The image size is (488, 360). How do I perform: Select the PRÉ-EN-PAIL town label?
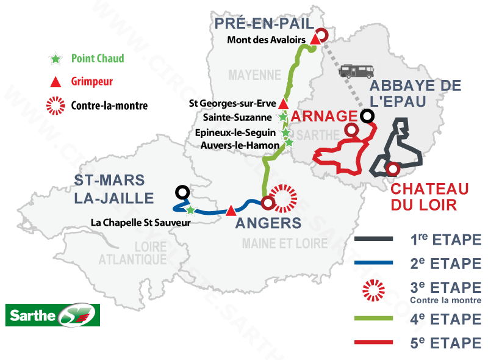coord(263,24)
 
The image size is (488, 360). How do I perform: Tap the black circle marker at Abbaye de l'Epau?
coord(367,115)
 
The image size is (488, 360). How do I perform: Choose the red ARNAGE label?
coord(323,116)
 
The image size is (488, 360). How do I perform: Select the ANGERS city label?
coord(268,223)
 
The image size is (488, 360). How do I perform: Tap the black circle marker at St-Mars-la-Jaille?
coord(181,192)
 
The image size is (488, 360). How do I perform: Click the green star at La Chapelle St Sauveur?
coord(190,210)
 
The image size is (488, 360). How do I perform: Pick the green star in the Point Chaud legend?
coord(56,59)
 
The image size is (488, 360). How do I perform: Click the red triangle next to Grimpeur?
coord(56,81)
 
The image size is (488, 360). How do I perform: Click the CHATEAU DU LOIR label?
coord(429,196)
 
